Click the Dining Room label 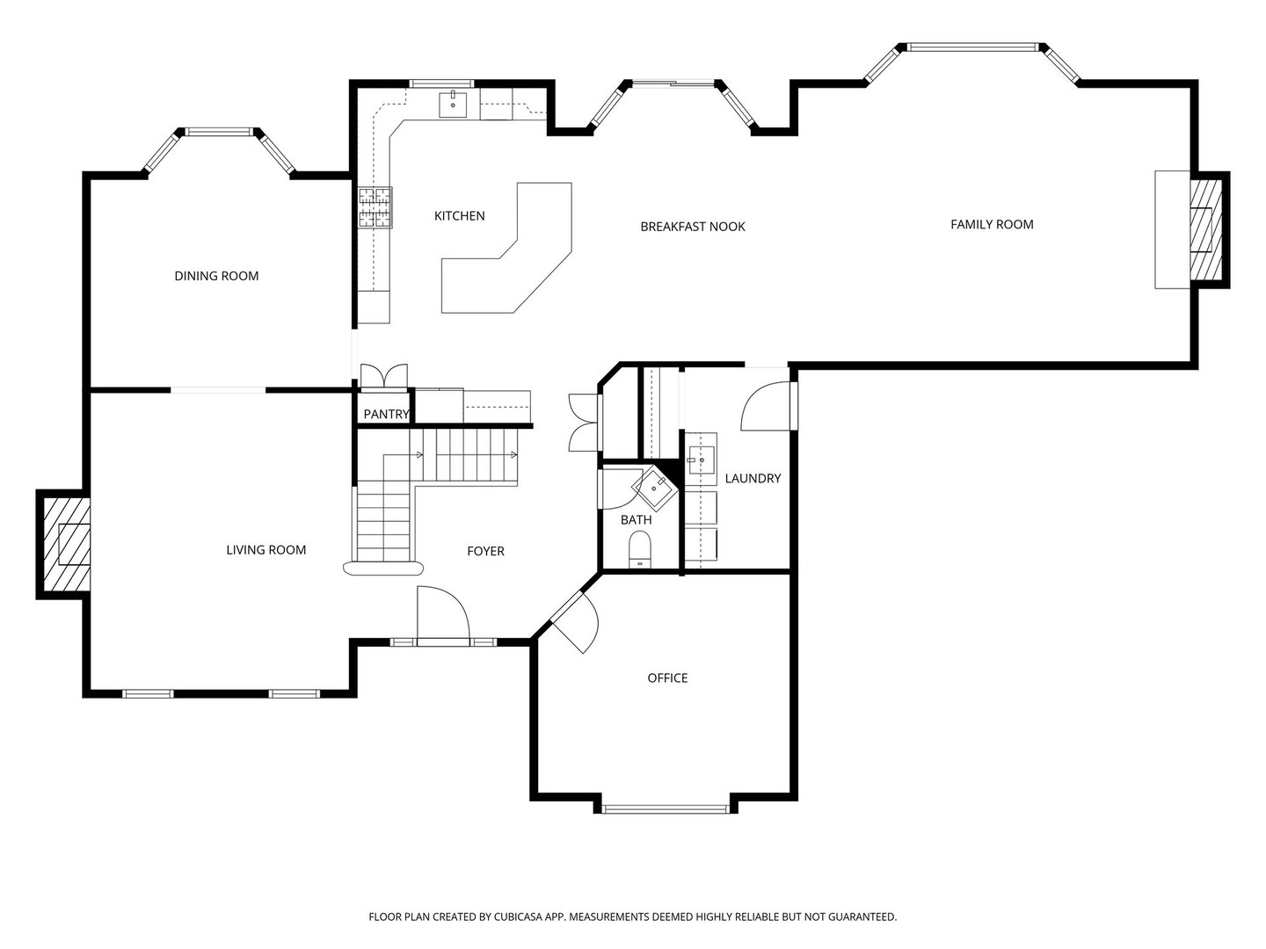tap(216, 276)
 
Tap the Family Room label tap(992, 224)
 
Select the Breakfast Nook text tap(692, 227)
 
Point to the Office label tap(667, 677)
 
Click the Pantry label tap(386, 414)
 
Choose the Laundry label tap(753, 478)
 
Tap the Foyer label tap(485, 551)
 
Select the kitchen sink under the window tap(454, 104)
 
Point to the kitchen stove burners tap(375, 208)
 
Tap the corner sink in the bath tap(655, 487)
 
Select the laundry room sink tap(702, 456)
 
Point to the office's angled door tap(573, 621)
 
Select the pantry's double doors tap(384, 375)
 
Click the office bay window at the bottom tap(666, 808)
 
